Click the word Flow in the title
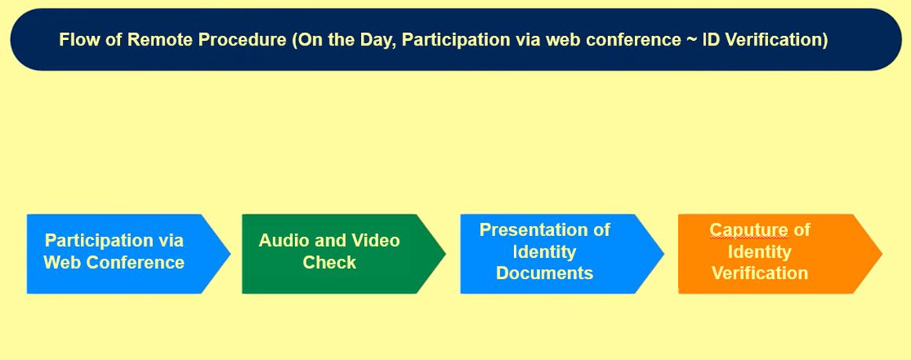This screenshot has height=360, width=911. pos(74,40)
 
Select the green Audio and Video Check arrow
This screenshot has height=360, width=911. pos(344,254)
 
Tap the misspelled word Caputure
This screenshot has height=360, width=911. pos(749,231)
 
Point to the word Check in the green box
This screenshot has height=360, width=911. pos(330,263)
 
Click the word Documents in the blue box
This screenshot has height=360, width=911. pos(545,273)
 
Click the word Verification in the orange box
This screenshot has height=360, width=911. pos(760,273)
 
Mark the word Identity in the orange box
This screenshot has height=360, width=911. pos(760,252)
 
